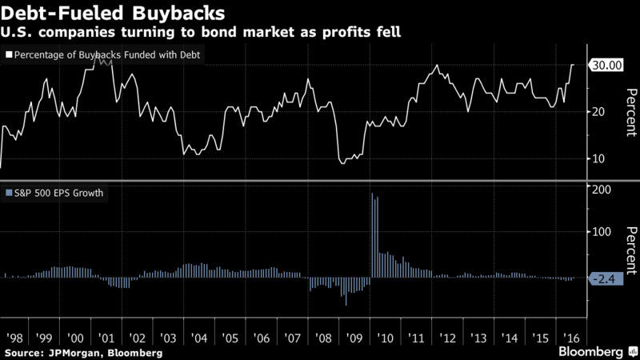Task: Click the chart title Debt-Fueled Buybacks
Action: point(112,14)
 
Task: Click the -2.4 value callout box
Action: point(606,278)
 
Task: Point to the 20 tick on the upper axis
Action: point(596,112)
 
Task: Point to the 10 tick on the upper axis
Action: point(596,158)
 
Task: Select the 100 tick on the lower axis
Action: point(599,232)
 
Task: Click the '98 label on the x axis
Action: point(14,338)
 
